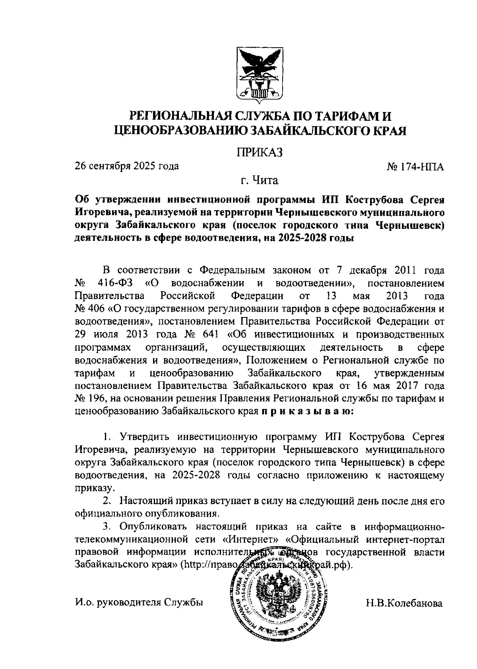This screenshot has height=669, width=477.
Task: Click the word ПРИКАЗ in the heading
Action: pyautogui.click(x=260, y=152)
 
